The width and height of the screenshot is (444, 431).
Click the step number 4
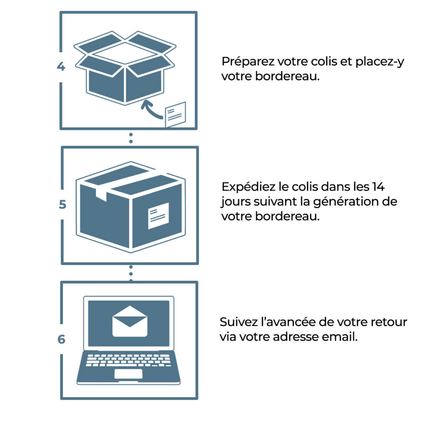point(61,66)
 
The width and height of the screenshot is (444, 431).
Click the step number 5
point(62,204)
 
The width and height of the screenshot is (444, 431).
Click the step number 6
point(62,339)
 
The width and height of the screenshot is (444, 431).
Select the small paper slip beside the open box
point(176,114)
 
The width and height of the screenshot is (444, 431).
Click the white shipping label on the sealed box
point(159,216)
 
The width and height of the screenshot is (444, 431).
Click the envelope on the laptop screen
point(130,321)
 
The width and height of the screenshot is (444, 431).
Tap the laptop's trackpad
point(128,374)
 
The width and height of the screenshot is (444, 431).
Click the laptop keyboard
point(128,360)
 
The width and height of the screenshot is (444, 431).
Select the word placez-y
point(380,62)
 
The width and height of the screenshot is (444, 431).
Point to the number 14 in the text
point(378,187)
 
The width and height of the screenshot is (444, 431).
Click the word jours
point(235,202)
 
